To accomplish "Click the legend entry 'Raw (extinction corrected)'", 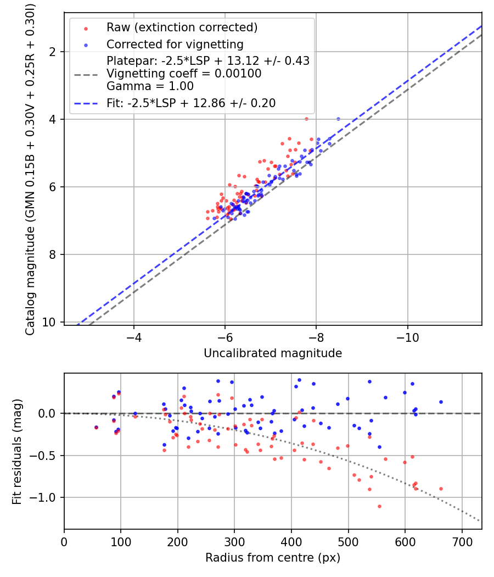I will pos(182,27).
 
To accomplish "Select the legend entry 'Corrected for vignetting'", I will pos(175,44).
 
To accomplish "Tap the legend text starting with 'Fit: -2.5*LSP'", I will pos(191,103).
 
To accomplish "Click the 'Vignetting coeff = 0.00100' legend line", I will pos(184,74).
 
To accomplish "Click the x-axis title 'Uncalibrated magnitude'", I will pos(273,353).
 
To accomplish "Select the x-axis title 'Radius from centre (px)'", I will pos(273,558).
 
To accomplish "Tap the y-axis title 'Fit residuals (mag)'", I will pos(17,451).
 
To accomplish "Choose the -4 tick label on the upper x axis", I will pos(133,337).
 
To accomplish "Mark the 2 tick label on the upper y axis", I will pos(55,52).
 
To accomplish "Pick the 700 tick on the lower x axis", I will pos(462,541).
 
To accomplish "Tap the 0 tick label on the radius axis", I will pos(64,541).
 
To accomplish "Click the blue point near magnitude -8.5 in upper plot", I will pos(338,119).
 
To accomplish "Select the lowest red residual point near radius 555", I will pos(379,506).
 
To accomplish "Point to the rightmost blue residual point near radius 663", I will pos(441,402).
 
